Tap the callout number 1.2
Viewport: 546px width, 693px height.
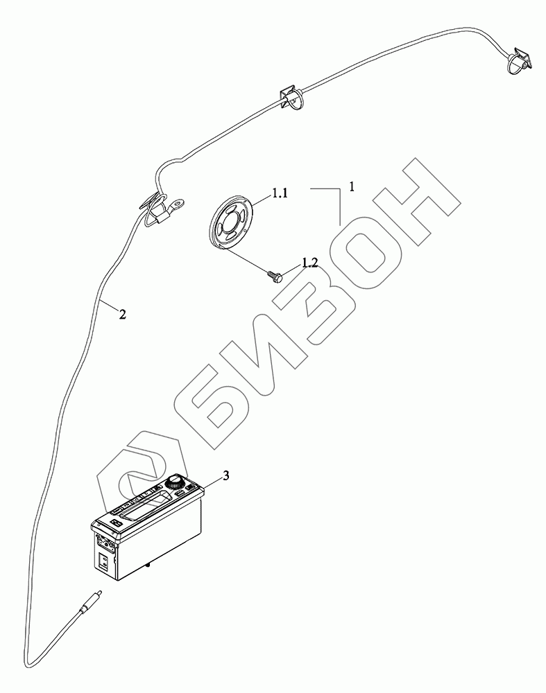point(309,263)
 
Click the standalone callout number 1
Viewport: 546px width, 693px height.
point(352,186)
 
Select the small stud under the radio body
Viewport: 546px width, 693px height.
point(150,568)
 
